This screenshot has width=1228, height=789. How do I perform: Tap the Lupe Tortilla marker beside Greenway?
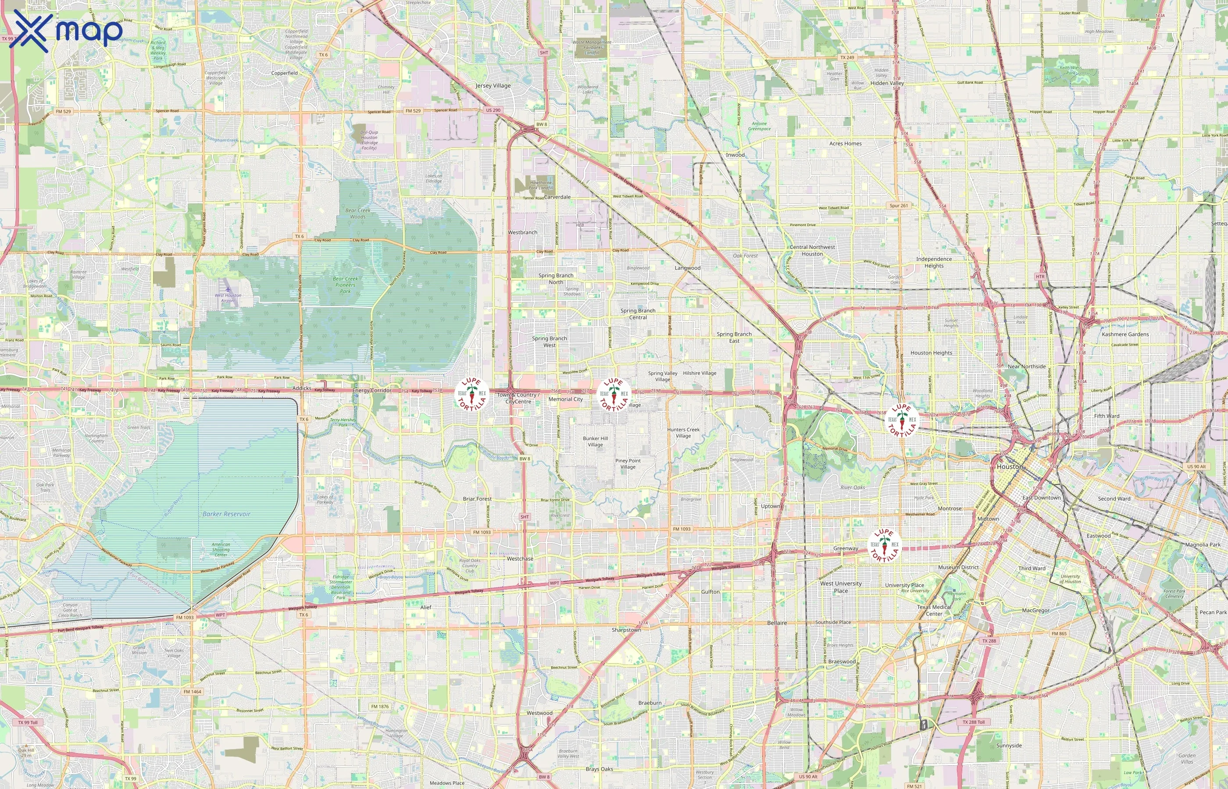(x=885, y=545)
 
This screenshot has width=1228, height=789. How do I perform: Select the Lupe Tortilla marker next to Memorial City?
(x=614, y=394)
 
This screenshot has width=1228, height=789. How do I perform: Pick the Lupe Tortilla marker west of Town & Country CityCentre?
(x=471, y=394)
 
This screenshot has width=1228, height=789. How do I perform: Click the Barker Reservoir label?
(x=226, y=514)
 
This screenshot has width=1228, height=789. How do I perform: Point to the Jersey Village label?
(x=493, y=85)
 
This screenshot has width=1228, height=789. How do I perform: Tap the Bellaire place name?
(x=777, y=623)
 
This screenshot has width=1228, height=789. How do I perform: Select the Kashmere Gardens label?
(x=1125, y=334)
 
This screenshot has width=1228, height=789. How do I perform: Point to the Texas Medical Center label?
(x=934, y=610)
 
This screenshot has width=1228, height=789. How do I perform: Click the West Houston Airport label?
(x=228, y=298)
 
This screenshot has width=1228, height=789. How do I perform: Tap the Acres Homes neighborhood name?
(x=845, y=143)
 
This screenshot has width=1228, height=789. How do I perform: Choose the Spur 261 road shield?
(x=899, y=206)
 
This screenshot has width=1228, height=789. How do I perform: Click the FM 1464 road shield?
(x=192, y=692)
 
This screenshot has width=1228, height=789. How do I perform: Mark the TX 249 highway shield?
(x=847, y=57)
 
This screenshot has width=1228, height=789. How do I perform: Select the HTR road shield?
(x=1039, y=277)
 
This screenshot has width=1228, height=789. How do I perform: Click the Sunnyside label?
(x=1009, y=746)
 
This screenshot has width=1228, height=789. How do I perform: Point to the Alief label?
(x=425, y=607)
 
